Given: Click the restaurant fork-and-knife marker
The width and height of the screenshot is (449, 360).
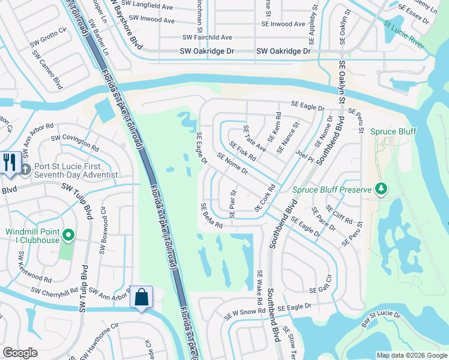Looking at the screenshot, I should point(10,163).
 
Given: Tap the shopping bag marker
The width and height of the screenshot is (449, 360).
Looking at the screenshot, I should point(141,297).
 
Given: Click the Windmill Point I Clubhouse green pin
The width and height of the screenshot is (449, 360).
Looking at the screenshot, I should point(68,236).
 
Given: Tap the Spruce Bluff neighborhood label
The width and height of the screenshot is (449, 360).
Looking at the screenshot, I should point(393,131).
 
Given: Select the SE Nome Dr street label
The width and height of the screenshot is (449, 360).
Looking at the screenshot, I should point(233,163).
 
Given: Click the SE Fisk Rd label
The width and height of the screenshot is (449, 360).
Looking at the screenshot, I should point(243,151).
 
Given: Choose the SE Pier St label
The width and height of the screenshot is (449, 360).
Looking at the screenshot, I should point(234,201).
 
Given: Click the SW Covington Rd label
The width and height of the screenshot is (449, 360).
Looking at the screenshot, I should point(75,142).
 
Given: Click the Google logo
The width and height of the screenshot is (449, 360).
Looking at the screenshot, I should point(20,353).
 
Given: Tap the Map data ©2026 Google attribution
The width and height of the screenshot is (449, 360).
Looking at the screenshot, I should point(411,355).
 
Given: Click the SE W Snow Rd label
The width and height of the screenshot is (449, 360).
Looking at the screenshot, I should point(244,313).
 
